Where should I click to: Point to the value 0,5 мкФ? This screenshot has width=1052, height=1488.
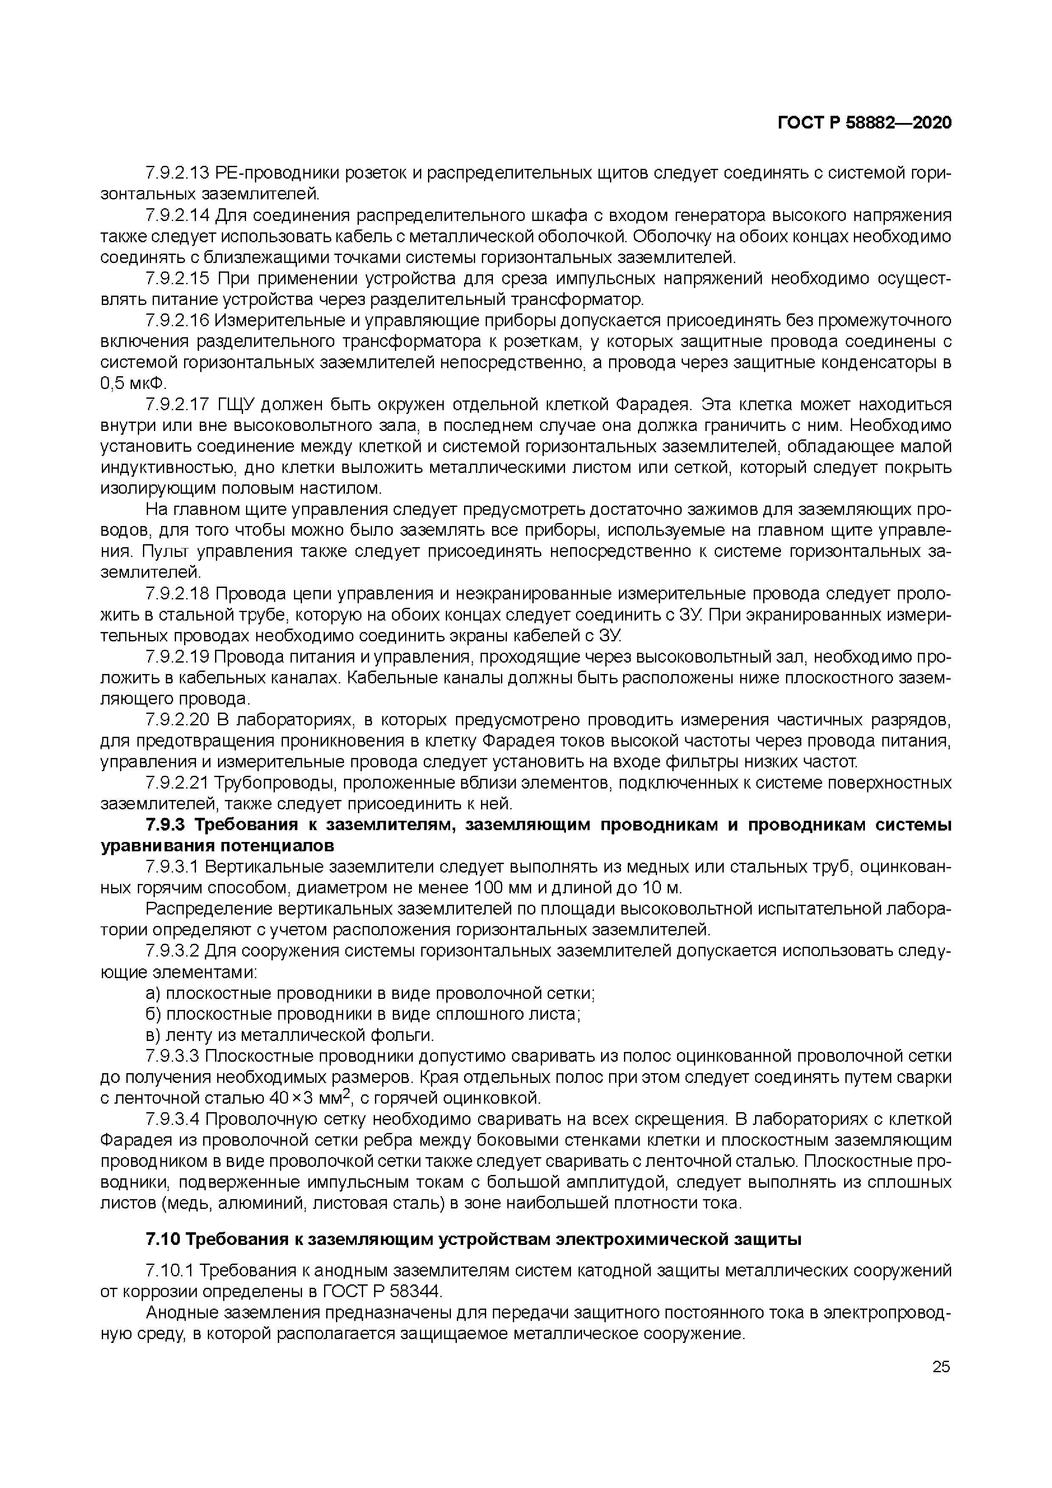[x=133, y=384]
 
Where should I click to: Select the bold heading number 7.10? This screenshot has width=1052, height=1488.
[x=163, y=1240]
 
